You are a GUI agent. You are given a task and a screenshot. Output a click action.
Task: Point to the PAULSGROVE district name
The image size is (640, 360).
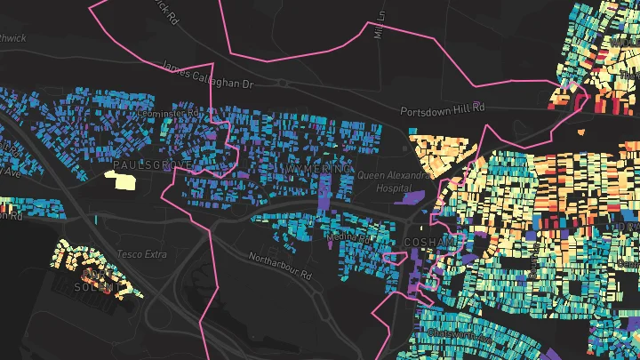pos(153,165)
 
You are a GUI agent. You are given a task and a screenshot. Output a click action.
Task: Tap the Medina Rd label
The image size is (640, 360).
pos(348,237)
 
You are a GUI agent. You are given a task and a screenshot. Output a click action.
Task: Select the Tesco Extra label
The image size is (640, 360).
pos(142,255)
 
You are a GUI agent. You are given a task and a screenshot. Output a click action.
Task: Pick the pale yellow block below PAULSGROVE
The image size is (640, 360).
pos(120,180)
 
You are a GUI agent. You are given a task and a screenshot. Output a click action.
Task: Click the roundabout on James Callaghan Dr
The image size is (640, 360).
pos(282,83)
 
